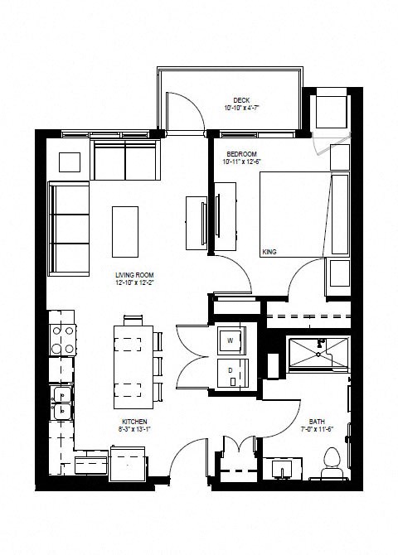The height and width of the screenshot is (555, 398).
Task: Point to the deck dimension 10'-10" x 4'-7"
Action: (x=240, y=108)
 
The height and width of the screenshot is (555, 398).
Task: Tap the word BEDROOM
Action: (x=240, y=154)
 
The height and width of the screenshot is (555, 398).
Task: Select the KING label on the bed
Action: (x=269, y=250)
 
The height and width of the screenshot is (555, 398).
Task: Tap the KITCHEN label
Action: (x=133, y=422)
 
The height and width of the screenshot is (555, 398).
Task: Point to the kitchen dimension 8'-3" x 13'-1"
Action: (x=133, y=430)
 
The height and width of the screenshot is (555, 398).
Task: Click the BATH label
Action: (x=316, y=420)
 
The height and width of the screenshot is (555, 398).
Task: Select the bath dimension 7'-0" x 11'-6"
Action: (x=316, y=429)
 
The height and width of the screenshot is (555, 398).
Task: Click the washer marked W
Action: (x=230, y=340)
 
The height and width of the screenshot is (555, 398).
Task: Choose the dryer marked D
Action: (x=230, y=371)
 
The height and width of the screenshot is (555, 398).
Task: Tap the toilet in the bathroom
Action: (x=332, y=462)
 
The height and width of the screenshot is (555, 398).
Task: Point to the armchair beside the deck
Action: (x=331, y=108)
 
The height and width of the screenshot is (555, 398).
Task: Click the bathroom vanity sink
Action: (x=283, y=469)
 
